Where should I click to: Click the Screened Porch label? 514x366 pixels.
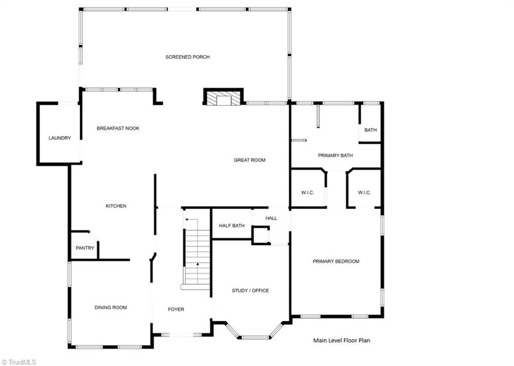[187, 57]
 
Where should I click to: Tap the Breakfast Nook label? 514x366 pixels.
[118, 128]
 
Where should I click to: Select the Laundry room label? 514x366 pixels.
[59, 138]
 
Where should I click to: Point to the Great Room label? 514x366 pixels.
[249, 160]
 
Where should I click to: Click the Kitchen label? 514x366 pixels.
[116, 206]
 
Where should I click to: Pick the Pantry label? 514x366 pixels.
[85, 248]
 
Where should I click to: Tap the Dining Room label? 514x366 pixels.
[110, 308]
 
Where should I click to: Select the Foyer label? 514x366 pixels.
[176, 310]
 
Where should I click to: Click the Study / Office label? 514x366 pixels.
[250, 291]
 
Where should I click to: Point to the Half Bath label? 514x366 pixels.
[231, 226]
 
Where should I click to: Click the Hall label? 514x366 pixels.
[271, 218]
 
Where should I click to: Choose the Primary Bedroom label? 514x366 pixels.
[336, 261]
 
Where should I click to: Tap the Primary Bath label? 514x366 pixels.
[335, 155]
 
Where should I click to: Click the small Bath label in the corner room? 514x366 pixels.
[370, 130]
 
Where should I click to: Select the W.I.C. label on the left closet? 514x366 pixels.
[307, 193]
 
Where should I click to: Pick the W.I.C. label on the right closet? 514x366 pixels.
[364, 193]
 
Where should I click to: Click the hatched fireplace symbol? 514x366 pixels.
[223, 98]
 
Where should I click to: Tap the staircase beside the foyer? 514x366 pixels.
[197, 256]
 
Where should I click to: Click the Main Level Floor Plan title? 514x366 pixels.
[341, 340]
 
